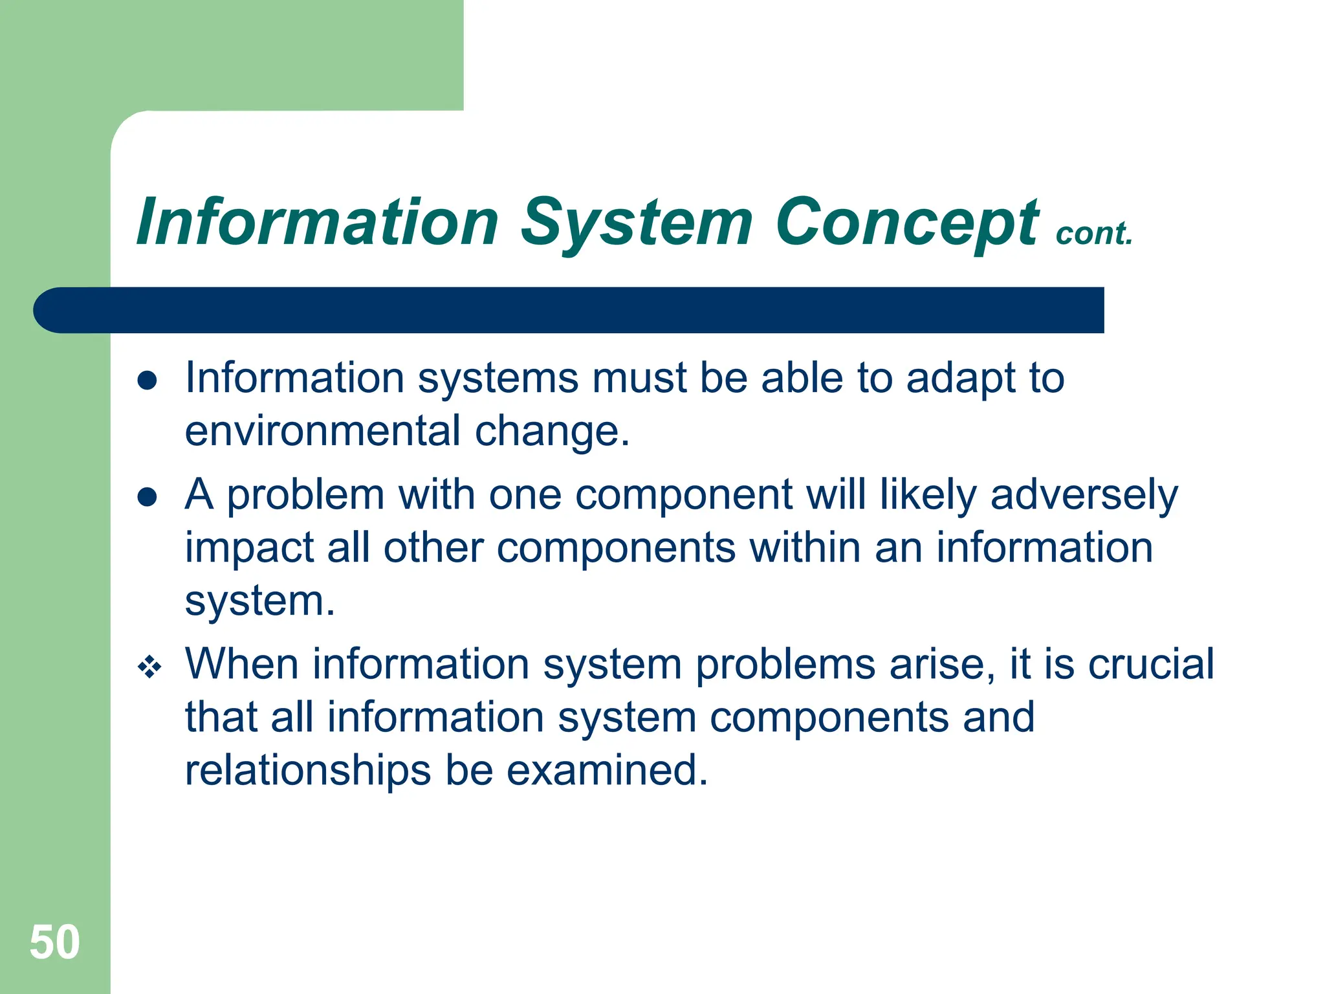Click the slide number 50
pyautogui.click(x=55, y=942)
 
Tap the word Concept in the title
pyautogui.click(x=906, y=223)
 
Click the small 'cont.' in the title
pyautogui.click(x=1093, y=234)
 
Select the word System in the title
pyautogui.click(x=637, y=223)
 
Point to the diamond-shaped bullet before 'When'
pyautogui.click(x=149, y=667)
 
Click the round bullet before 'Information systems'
pyautogui.click(x=148, y=381)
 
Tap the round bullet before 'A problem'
pyautogui.click(x=148, y=497)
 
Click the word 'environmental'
pyautogui.click(x=323, y=431)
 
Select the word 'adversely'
pyautogui.click(x=1084, y=496)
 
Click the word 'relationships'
pyautogui.click(x=308, y=770)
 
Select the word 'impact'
pyautogui.click(x=249, y=549)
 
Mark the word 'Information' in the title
pyautogui.click(x=317, y=223)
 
